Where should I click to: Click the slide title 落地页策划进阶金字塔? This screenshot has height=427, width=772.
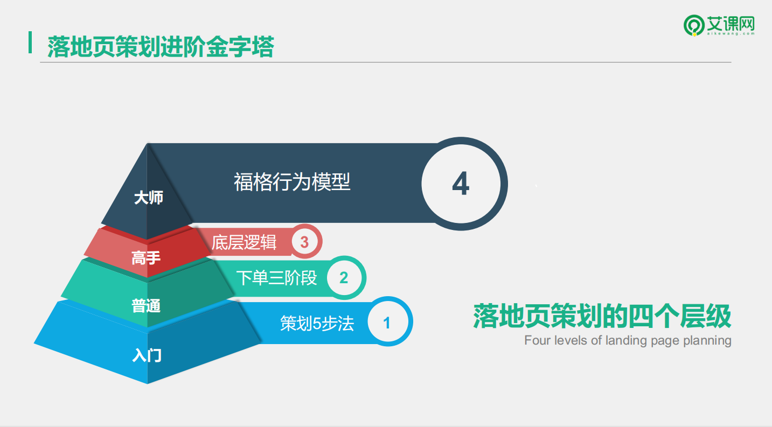coord(161,46)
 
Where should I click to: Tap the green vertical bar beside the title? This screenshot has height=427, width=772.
coord(30,43)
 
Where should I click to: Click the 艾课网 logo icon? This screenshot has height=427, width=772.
coord(694,25)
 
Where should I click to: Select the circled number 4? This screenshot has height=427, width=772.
coord(461,184)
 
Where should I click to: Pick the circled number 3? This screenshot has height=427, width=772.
coord(304,242)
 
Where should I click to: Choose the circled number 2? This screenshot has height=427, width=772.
coord(344,277)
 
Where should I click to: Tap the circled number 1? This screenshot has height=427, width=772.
coord(387,322)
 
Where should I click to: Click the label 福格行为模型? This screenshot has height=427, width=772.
coord(292,182)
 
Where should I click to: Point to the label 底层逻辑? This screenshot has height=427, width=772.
coord(244,242)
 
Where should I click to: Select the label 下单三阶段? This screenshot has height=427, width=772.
coord(276,278)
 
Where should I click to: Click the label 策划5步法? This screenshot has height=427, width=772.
coord(317,324)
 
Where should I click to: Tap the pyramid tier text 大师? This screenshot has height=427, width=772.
coord(149,198)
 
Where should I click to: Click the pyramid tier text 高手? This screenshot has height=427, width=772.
coord(146,258)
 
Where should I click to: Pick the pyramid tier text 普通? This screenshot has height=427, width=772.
coord(146,306)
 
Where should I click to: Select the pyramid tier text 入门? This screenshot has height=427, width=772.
coord(147,355)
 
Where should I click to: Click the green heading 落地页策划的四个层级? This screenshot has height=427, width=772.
coord(602,316)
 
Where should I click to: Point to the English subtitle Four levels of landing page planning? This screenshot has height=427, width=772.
coord(628,340)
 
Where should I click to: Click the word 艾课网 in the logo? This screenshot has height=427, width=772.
coord(731,24)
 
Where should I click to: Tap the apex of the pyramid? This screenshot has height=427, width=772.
coord(148,143)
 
